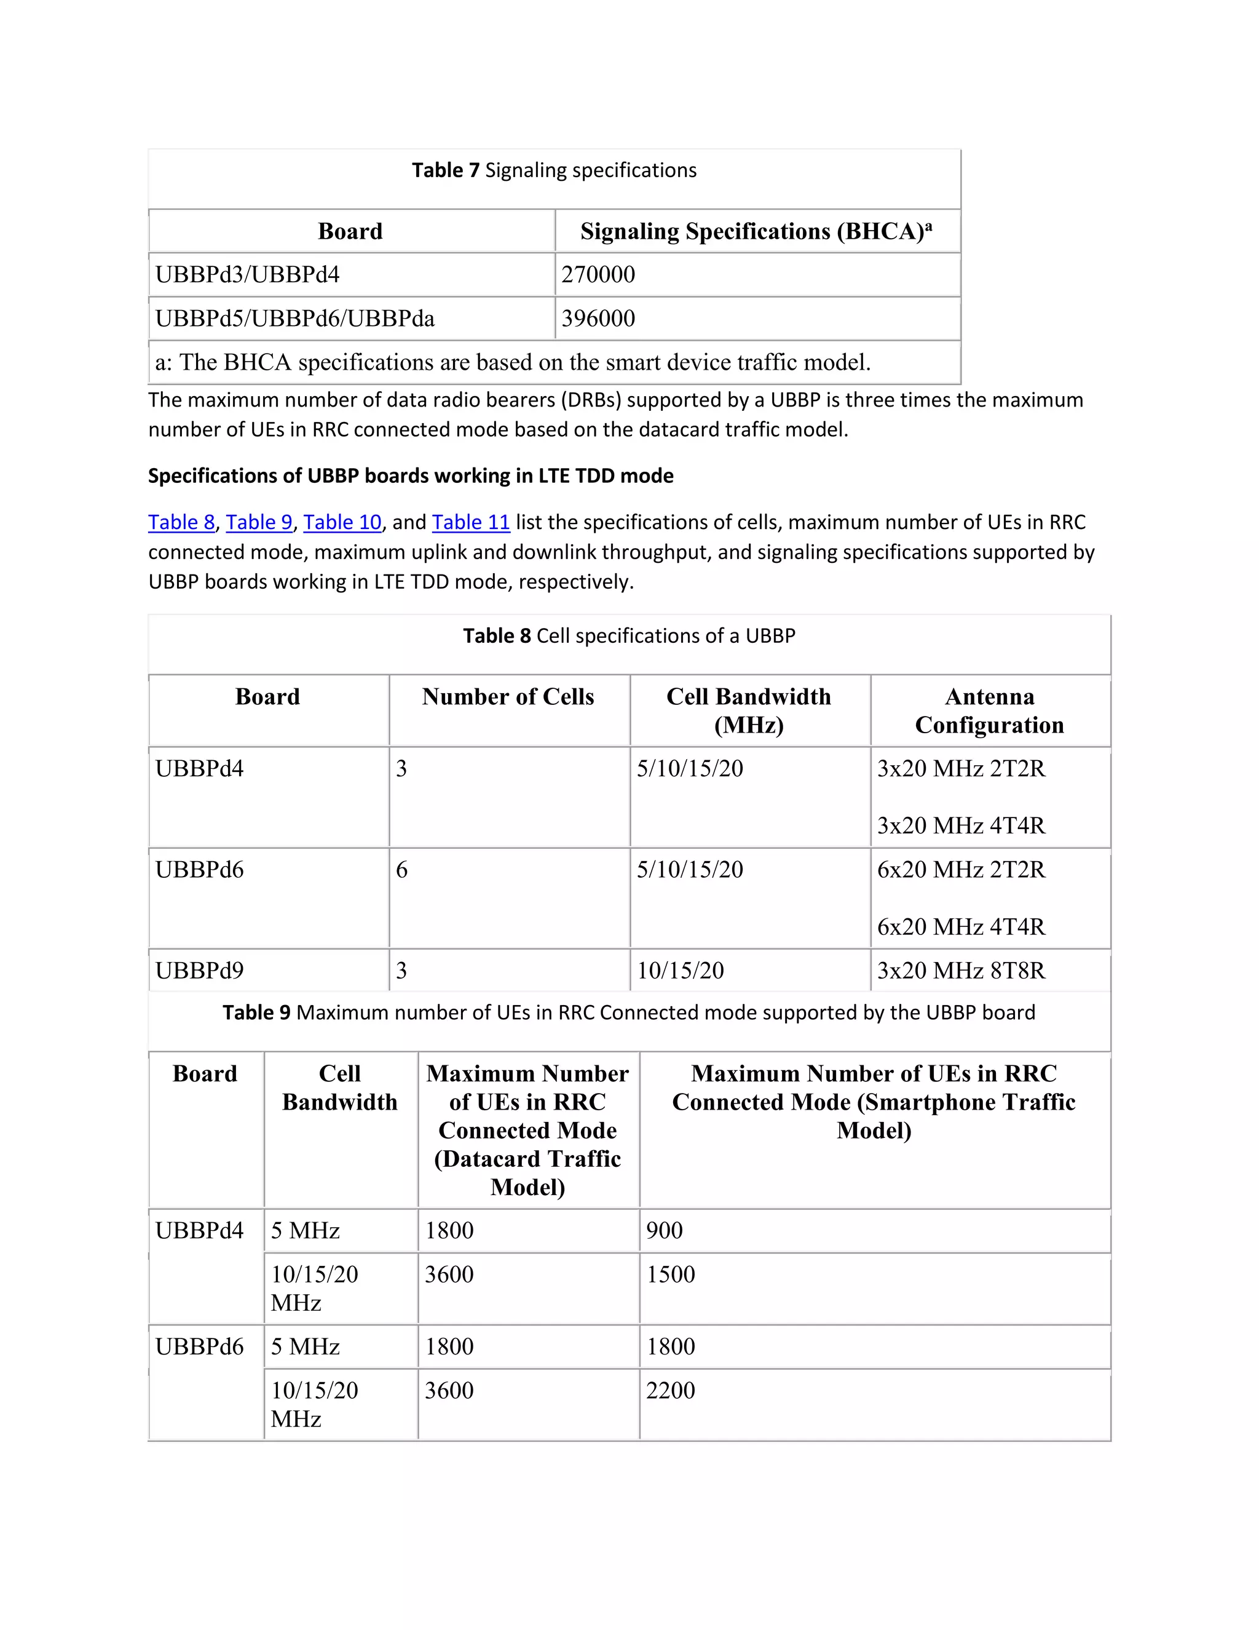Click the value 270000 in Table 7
tap(598, 275)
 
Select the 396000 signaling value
tap(598, 319)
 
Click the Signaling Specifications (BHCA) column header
tap(756, 231)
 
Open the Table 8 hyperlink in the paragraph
tap(181, 522)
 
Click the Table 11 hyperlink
tap(471, 522)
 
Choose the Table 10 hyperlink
tap(342, 522)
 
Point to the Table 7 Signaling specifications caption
tap(554, 171)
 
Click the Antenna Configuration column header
tap(989, 710)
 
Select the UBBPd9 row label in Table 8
tap(199, 970)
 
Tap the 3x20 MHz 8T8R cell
tap(961, 970)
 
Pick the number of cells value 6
tap(401, 870)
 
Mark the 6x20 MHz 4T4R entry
tap(961, 927)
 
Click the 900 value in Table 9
tap(664, 1230)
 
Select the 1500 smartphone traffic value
tap(670, 1274)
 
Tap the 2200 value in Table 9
tap(670, 1391)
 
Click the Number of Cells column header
tap(508, 697)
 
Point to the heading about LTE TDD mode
tap(410, 476)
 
